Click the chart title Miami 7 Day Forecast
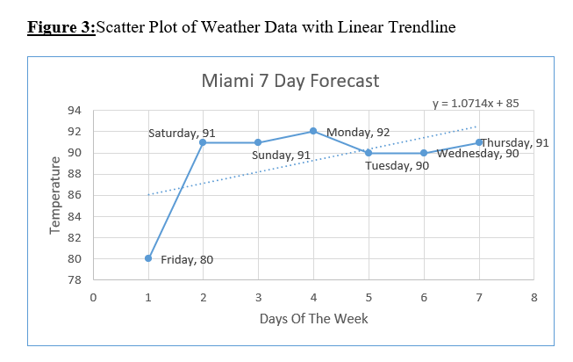coord(290,81)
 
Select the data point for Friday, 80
coord(148,258)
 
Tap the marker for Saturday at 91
coord(203,142)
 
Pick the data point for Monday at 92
coord(313,131)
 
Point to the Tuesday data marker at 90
coord(369,153)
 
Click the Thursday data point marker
coord(479,142)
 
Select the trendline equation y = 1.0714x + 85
coord(476,103)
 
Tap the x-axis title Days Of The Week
coord(313,318)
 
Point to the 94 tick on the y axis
coord(74,111)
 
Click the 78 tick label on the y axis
coord(74,280)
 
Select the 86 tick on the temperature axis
coord(74,195)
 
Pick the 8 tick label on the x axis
coord(534,297)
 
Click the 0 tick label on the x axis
coord(93,297)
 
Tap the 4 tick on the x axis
coord(313,297)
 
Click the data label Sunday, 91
coord(281,156)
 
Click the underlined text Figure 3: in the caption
coord(61,26)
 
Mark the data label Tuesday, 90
coord(397,166)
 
